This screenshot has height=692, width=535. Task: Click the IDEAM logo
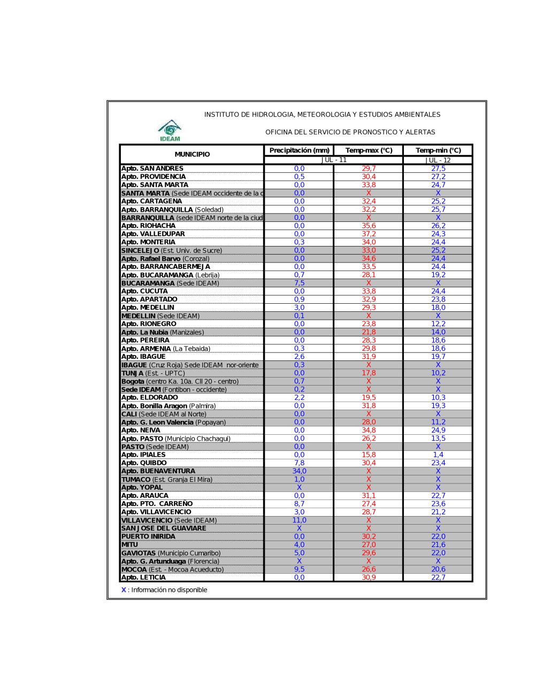[x=170, y=130]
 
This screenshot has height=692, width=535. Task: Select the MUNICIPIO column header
[x=192, y=155]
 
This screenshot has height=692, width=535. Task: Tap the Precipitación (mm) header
[x=299, y=151]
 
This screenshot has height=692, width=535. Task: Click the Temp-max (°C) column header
[x=369, y=151]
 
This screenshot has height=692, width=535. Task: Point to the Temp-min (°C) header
[x=438, y=151]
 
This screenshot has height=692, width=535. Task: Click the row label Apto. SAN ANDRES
[x=152, y=168]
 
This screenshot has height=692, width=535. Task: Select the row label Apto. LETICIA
[x=143, y=578]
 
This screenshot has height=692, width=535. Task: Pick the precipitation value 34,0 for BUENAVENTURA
[x=299, y=471]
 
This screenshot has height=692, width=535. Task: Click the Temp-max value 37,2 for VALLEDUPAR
[x=369, y=234]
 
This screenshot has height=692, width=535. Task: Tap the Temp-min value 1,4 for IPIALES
[x=438, y=455]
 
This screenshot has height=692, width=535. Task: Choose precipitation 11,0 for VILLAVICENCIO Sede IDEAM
[x=299, y=520]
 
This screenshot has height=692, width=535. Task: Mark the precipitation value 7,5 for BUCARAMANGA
[x=299, y=283]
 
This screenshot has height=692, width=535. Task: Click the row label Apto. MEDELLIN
[x=148, y=307]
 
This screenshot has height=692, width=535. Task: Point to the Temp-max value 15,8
[x=369, y=455]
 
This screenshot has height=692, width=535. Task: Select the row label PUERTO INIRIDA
[x=148, y=536]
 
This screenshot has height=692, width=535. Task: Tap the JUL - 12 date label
[x=438, y=160]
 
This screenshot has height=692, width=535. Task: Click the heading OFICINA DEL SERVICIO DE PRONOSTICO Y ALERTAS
[x=350, y=132]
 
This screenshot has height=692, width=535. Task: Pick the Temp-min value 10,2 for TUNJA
[x=438, y=373]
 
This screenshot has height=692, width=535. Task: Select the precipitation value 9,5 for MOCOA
[x=299, y=570]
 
